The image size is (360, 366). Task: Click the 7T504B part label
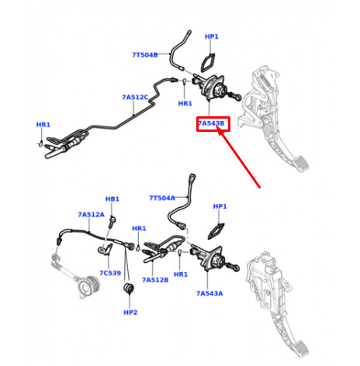coord(145,55)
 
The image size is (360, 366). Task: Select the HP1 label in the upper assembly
coord(212,36)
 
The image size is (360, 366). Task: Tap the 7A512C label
coord(135,97)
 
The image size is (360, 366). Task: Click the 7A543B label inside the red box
coord(211,123)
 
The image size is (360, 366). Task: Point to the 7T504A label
coord(162,198)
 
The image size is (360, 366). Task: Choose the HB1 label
coord(112,199)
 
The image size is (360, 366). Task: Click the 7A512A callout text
coord(91,215)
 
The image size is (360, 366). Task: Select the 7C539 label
coord(110,273)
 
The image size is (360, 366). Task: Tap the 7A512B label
coord(155,280)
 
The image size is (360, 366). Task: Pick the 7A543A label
coord(209,293)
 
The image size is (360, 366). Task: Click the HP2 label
coord(130,312)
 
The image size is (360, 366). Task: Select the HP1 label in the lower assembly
coord(220,206)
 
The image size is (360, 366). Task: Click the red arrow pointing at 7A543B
coord(238,157)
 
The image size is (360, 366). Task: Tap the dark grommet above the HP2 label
coord(129,288)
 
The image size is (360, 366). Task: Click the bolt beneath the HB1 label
coord(112,222)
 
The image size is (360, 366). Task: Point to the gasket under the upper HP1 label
coord(208,63)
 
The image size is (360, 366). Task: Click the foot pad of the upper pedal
coord(301,163)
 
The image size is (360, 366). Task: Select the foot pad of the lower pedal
coord(300,349)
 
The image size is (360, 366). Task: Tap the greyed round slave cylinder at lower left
coord(88,287)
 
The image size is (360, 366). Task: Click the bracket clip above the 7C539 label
coord(106,249)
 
